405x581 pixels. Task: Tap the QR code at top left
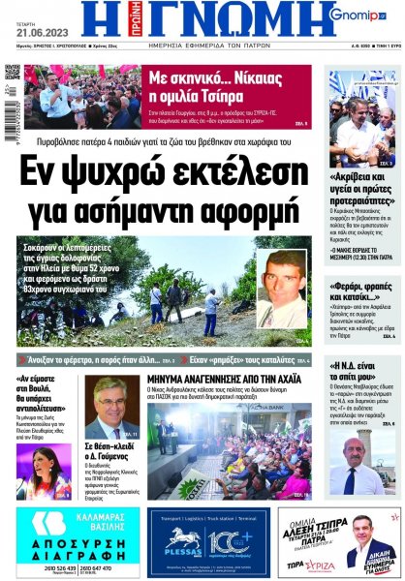tap(12, 73)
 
